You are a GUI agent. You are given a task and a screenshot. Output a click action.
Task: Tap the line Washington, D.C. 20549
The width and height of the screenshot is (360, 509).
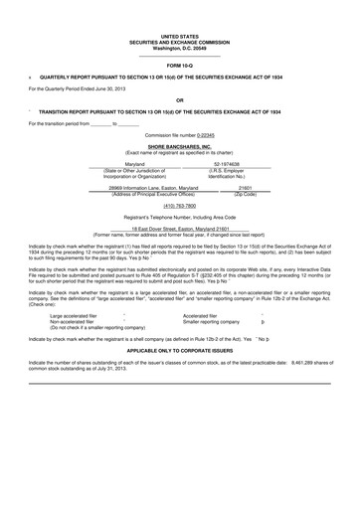tap(179, 49)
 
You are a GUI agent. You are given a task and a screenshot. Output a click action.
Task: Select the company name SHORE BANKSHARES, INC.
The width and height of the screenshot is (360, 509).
tap(179, 145)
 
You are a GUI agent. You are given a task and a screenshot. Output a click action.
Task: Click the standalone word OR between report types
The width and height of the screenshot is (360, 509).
tap(179, 100)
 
